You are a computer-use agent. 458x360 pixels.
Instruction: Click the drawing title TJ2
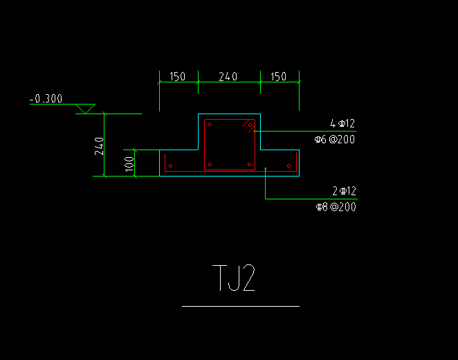point(234,278)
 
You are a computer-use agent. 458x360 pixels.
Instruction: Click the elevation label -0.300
point(46,99)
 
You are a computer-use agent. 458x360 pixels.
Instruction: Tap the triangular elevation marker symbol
point(86,109)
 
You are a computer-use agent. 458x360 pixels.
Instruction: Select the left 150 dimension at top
point(178,77)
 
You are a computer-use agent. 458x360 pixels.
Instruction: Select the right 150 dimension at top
point(278,77)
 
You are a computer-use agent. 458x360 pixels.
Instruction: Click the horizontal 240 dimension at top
point(228,77)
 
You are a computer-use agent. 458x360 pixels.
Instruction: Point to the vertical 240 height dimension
point(99,146)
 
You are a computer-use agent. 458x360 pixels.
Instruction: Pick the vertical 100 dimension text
point(129,164)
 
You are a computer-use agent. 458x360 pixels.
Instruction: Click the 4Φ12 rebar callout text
point(342,124)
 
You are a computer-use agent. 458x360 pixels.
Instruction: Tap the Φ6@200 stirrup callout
point(335,139)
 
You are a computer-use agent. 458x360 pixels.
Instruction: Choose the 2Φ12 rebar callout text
point(345,191)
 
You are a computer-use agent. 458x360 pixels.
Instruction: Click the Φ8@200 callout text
point(336,207)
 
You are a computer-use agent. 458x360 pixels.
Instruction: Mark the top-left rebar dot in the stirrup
point(210,125)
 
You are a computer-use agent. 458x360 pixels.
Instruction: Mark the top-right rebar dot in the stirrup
point(250,125)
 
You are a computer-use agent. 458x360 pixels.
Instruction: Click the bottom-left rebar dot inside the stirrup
point(210,165)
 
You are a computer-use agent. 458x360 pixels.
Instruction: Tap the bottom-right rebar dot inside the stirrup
point(249,165)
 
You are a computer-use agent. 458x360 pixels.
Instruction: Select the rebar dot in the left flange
point(171,166)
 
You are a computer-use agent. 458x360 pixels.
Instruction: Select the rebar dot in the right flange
point(289,166)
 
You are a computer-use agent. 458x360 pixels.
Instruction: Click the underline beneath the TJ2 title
point(241,306)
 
